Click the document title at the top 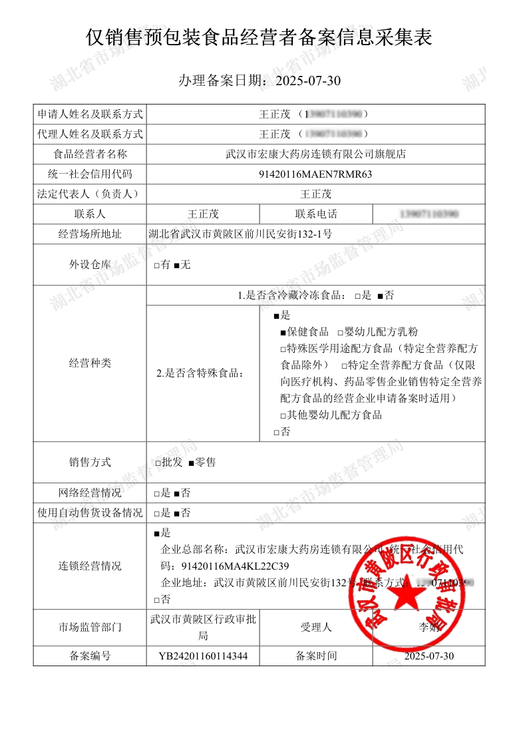tap(260, 37)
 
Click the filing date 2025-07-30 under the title tap(307, 81)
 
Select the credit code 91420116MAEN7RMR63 tap(315, 174)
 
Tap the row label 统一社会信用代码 tap(90, 174)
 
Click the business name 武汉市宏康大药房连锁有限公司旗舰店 tap(315, 154)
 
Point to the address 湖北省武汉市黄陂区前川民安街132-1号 tap(240, 234)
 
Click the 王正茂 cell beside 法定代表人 tap(315, 194)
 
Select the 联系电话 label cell tap(315, 214)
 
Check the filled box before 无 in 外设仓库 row tap(176, 266)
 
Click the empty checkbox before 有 tap(156, 266)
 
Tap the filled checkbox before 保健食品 tap(283, 332)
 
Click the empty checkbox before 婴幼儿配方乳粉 tap(340, 332)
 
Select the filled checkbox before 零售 tap(191, 463)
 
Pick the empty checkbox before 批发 tap(156, 463)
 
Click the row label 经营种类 tap(90, 363)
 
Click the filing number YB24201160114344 tap(203, 656)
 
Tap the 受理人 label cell tap(315, 627)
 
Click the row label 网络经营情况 tap(90, 493)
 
